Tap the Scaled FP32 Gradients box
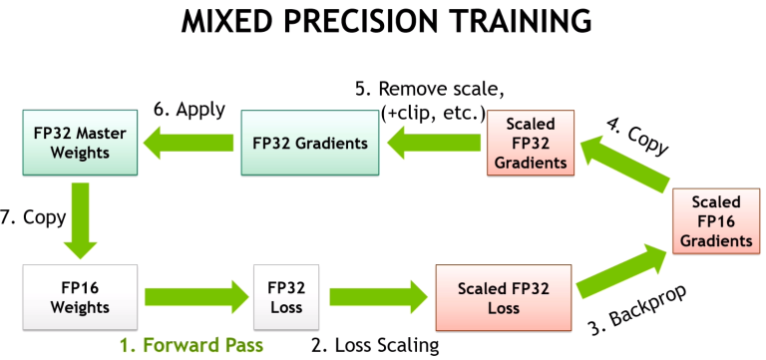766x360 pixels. point(532,143)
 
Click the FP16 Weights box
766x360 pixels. point(80,297)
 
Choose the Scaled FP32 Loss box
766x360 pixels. point(503,297)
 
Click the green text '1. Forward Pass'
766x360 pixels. point(191,345)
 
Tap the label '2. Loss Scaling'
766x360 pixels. point(375,345)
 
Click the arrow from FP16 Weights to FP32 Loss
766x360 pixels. point(194,297)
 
